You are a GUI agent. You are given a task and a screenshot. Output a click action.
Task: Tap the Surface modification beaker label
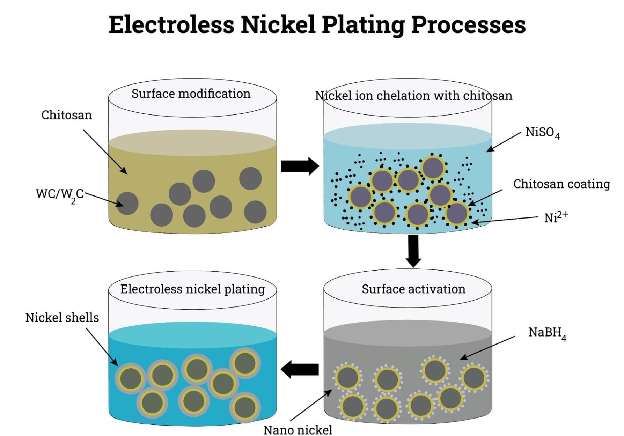[x=191, y=94]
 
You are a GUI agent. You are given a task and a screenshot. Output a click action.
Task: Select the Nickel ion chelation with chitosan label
[x=413, y=96]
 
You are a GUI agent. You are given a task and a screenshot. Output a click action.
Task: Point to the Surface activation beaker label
[x=413, y=289]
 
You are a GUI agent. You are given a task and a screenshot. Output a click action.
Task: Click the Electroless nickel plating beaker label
[x=192, y=289]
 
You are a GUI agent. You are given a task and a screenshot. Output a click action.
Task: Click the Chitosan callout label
[x=67, y=115]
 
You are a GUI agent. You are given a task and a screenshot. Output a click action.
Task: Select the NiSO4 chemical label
[x=542, y=133]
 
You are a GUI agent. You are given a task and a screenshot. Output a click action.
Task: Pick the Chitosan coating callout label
[x=561, y=184]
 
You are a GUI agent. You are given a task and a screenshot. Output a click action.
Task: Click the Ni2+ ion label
[x=556, y=217]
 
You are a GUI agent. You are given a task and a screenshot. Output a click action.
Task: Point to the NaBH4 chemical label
[x=547, y=333]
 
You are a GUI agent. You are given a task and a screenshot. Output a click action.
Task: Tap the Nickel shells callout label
[x=62, y=318]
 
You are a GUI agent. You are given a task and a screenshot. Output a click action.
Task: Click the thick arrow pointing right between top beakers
[x=300, y=166]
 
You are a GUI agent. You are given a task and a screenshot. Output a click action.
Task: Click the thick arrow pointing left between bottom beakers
[x=300, y=369]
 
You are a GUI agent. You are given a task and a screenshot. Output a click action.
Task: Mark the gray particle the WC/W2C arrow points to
[x=127, y=204]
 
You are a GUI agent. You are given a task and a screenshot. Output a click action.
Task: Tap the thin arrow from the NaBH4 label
[x=487, y=348]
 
